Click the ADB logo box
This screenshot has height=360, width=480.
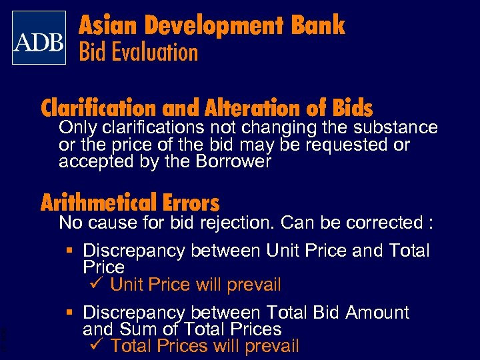point(39,37)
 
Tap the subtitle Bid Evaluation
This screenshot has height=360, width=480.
point(139,52)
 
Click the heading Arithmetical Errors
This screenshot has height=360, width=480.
point(130,202)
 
